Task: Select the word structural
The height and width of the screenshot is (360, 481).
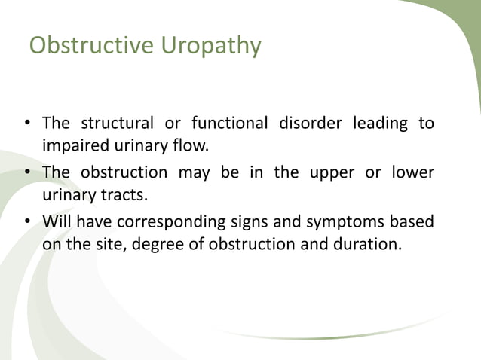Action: pyautogui.click(x=118, y=123)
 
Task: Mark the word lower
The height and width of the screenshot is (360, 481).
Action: pyautogui.click(x=411, y=172)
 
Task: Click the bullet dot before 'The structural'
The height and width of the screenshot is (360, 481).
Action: pyautogui.click(x=26, y=124)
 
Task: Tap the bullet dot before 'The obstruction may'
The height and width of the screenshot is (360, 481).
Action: pyautogui.click(x=26, y=173)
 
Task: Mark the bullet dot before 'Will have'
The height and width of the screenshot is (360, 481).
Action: pyautogui.click(x=26, y=223)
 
